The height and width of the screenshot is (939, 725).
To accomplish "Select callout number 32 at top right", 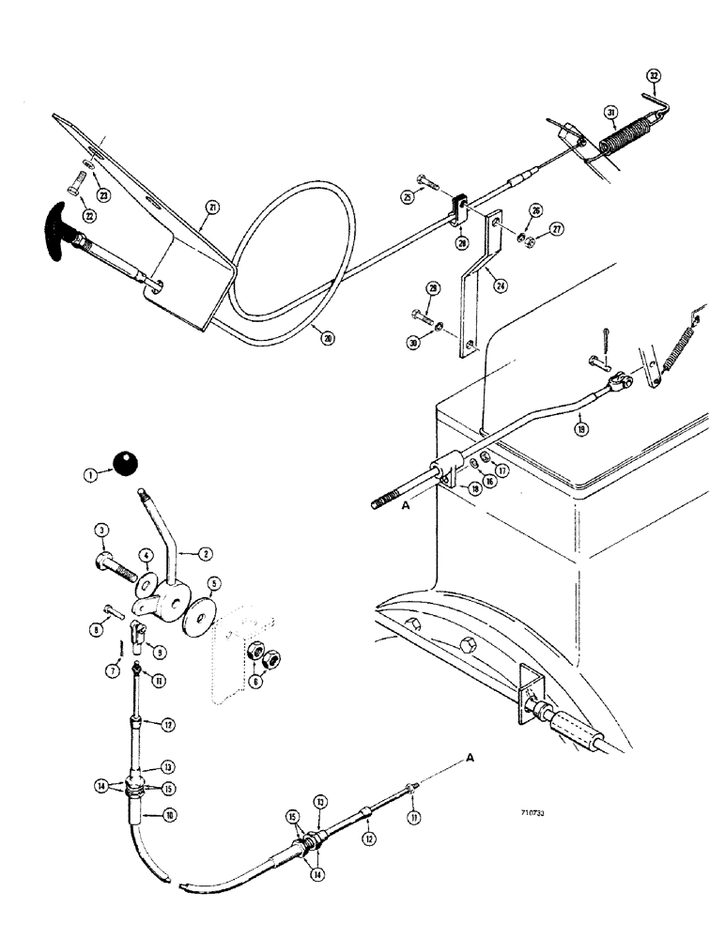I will point(655,78).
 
